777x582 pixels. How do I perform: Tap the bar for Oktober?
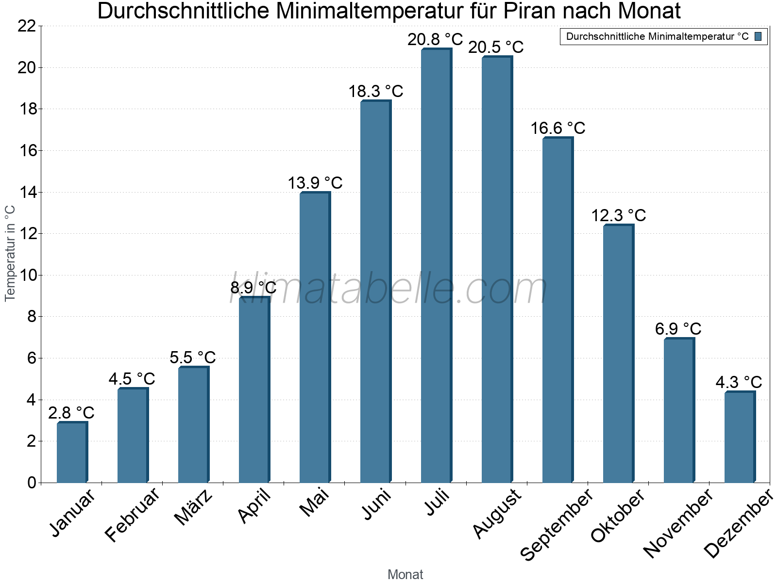click(x=618, y=354)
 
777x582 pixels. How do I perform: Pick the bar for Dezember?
click(x=740, y=437)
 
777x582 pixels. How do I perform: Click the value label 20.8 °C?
click(x=435, y=39)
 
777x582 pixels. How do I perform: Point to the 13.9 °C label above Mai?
click(x=315, y=183)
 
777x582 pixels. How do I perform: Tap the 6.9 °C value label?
click(x=678, y=329)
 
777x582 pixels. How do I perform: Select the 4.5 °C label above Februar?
click(x=132, y=379)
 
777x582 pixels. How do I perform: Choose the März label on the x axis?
click(x=194, y=507)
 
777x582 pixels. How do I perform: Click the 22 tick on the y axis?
click(x=27, y=26)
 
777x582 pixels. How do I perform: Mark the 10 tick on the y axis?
click(x=27, y=275)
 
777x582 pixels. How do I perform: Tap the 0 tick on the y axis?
click(x=32, y=483)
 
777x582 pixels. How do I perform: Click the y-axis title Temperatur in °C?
click(x=10, y=253)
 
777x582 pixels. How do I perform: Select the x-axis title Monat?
click(x=405, y=575)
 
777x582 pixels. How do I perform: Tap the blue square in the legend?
click(x=759, y=36)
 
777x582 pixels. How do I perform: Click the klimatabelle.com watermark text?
click(x=388, y=289)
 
